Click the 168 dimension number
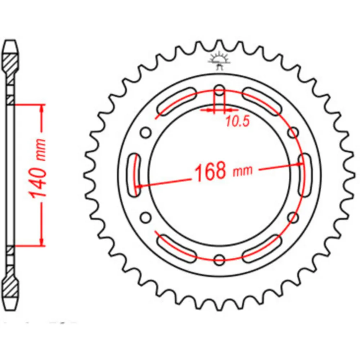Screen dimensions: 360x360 (210, 171)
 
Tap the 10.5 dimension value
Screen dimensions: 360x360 (237, 121)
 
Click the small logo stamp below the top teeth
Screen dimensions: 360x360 (219, 60)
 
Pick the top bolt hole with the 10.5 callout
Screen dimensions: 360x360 (220, 91)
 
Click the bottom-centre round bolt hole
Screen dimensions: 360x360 (219, 260)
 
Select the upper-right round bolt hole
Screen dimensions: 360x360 (293, 132)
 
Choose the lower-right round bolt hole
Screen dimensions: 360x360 (293, 217)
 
